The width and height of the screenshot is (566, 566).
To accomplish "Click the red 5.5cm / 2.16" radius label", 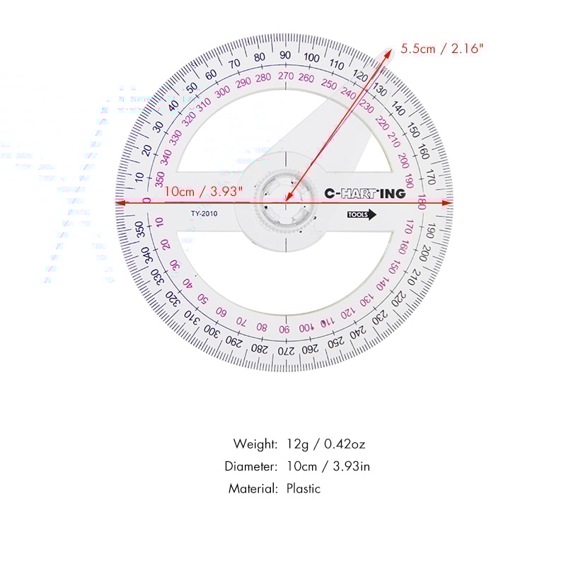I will (443, 49).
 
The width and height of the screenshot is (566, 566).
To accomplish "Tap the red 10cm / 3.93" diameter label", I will (203, 191).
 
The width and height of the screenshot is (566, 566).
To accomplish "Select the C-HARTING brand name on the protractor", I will (364, 193).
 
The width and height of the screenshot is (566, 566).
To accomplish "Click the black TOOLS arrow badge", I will (362, 215).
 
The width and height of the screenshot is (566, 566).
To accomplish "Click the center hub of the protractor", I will (285, 202).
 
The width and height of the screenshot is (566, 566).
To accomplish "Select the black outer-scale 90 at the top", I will (284, 55).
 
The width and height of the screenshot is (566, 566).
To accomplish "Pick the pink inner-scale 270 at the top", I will (285, 76).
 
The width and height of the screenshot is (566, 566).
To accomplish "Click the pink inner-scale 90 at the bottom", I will (284, 329).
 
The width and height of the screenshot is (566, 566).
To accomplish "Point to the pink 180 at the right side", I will (421, 202).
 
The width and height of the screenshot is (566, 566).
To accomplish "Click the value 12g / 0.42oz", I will (325, 444).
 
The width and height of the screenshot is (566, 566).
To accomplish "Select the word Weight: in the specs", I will (255, 444).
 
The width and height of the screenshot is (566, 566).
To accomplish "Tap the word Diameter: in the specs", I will (251, 466).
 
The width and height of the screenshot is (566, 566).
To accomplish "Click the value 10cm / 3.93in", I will (328, 466).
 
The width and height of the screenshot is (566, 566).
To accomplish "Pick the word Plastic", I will (304, 488).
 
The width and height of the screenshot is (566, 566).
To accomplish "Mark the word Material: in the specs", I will (253, 488).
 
